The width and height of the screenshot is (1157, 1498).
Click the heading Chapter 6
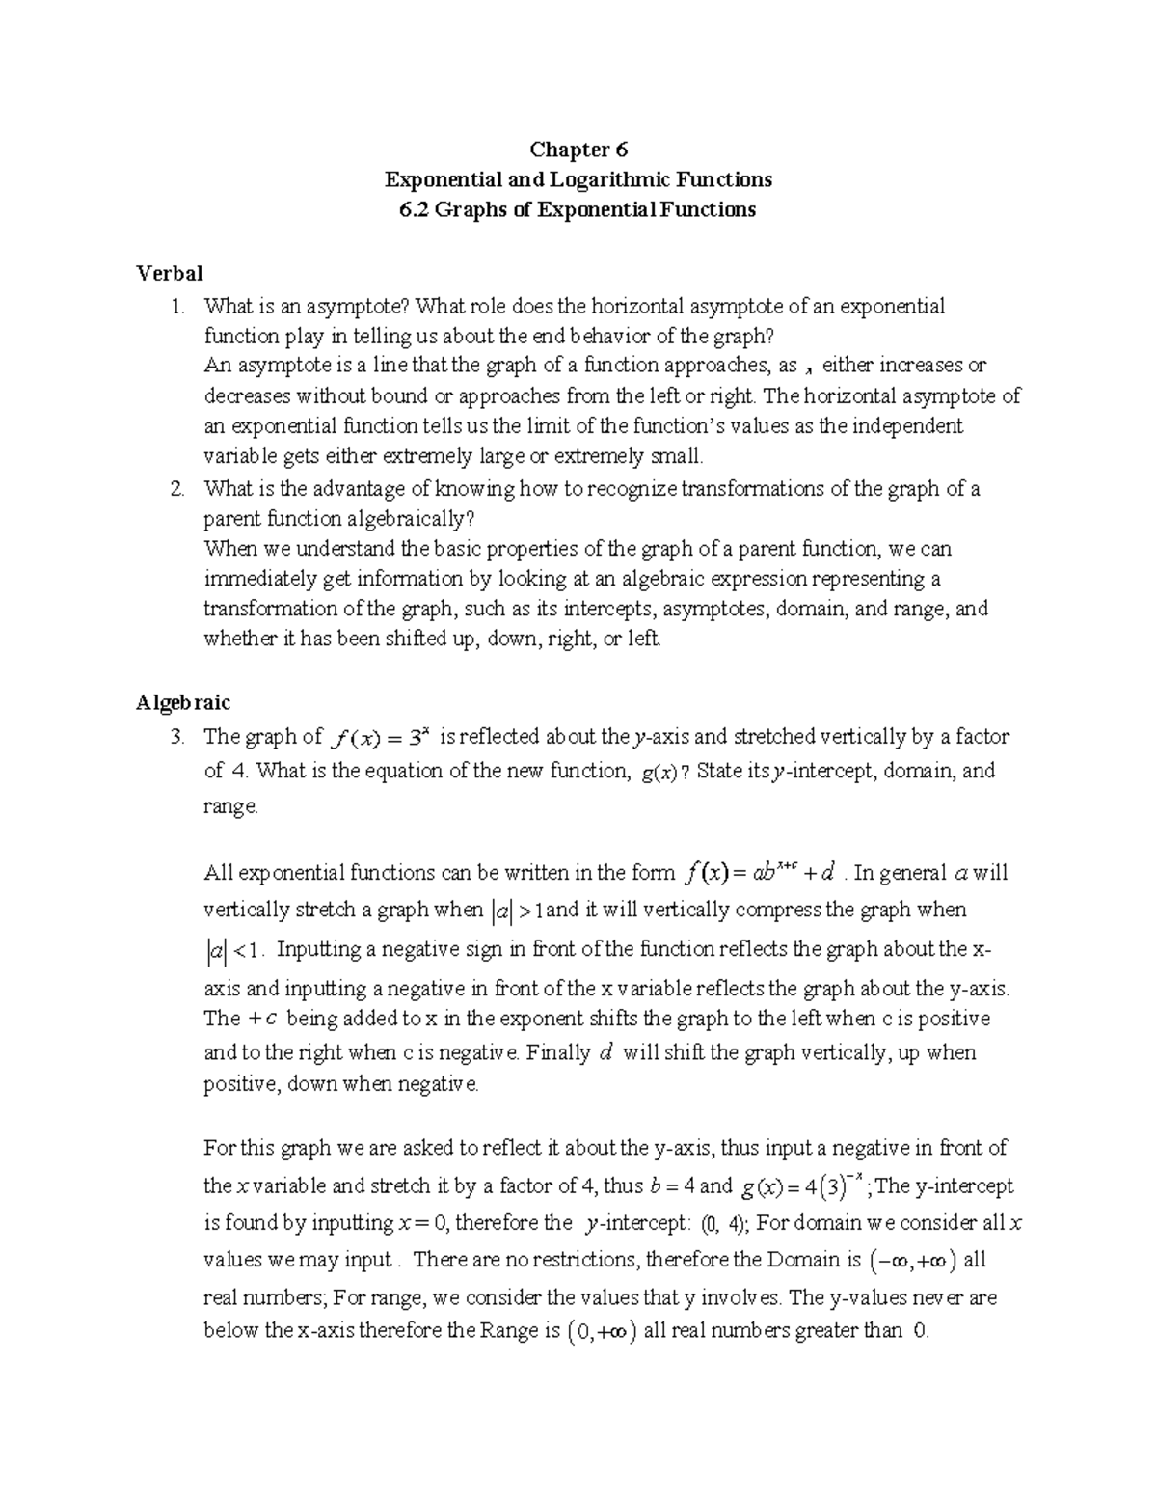pos(578,150)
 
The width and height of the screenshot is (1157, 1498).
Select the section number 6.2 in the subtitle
pos(415,209)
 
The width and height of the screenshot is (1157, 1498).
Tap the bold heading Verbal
pos(170,273)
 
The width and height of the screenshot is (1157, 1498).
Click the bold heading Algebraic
pos(183,702)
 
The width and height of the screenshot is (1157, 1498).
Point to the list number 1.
pos(175,307)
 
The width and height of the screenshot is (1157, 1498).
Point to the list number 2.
pos(175,489)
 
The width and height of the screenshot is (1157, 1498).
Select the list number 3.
pos(175,738)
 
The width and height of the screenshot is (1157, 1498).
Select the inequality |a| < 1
pos(232,951)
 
